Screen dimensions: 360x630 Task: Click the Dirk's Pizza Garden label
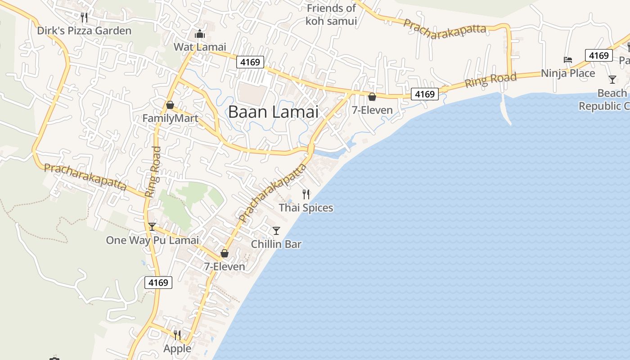click(x=84, y=31)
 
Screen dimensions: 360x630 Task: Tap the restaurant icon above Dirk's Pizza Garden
click(x=84, y=18)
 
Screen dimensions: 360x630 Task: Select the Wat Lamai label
click(x=200, y=47)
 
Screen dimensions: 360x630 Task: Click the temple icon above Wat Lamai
click(x=199, y=34)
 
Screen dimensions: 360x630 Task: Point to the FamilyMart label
click(x=171, y=118)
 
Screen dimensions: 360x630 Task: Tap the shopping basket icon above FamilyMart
click(x=170, y=105)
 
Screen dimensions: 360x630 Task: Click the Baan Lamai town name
click(x=273, y=112)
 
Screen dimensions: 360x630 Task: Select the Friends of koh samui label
click(x=331, y=14)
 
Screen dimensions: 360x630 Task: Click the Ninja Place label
click(x=568, y=73)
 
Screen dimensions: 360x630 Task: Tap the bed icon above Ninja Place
click(x=568, y=60)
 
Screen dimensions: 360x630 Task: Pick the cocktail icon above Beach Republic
click(x=612, y=80)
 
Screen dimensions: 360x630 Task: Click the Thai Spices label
click(x=306, y=207)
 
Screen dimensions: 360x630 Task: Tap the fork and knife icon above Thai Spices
click(x=306, y=194)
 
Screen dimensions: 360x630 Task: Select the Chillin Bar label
click(x=276, y=244)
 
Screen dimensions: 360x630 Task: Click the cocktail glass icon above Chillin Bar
click(x=276, y=231)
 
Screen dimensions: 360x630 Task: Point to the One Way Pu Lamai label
click(x=152, y=240)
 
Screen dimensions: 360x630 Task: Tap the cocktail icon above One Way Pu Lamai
click(x=152, y=226)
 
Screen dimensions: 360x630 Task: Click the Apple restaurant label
click(x=177, y=348)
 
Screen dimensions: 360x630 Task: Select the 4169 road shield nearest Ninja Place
click(x=598, y=55)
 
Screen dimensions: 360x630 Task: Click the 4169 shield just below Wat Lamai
click(x=250, y=62)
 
